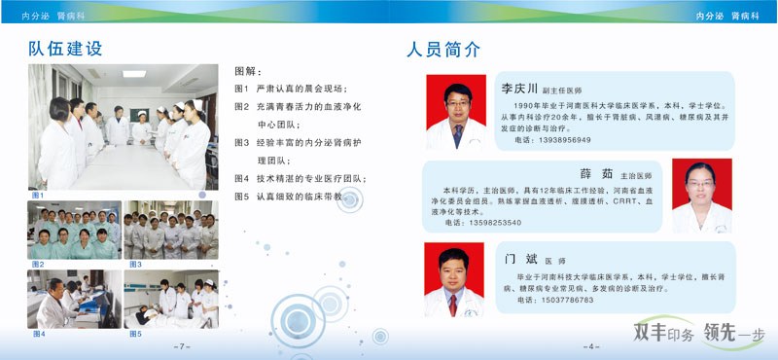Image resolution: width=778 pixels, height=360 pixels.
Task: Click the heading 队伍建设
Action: tap(65, 49)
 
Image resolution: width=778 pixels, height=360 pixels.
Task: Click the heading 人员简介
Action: tap(443, 50)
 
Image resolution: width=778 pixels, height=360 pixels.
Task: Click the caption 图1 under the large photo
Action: tap(38, 195)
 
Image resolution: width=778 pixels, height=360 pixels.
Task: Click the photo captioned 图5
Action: tap(171, 300)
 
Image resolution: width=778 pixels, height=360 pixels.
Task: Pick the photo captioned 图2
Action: tap(74, 230)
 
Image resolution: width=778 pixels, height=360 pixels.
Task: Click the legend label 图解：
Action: tap(249, 71)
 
